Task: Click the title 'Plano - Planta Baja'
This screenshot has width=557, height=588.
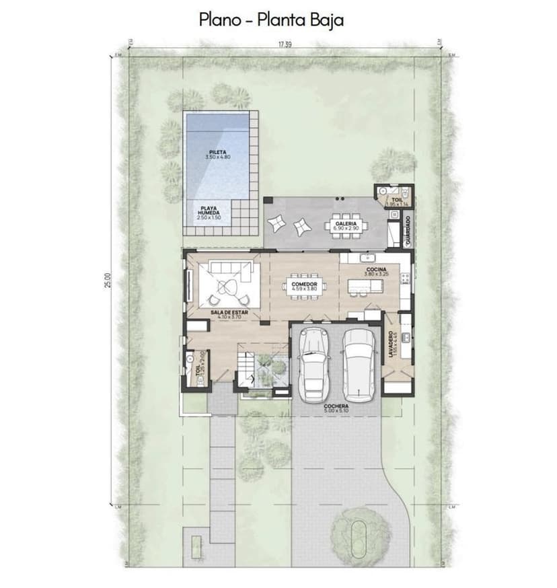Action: click(271, 20)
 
